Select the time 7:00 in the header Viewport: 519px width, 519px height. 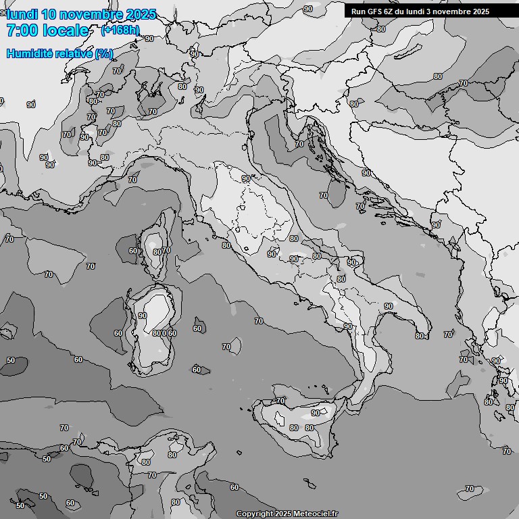[x=22, y=30]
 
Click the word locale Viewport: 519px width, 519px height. [x=65, y=30]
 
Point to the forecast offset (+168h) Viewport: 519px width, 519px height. [x=120, y=30]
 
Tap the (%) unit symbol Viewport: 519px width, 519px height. [x=103, y=53]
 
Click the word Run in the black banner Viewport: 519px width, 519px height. [x=358, y=11]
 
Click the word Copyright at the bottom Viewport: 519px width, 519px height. [x=254, y=514]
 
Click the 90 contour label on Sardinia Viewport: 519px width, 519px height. [x=143, y=316]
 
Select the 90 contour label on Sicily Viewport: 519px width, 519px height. [x=316, y=413]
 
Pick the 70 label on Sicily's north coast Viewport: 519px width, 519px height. [x=281, y=401]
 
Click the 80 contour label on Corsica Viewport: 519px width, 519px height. [x=157, y=252]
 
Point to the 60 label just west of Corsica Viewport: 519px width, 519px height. [x=133, y=251]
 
